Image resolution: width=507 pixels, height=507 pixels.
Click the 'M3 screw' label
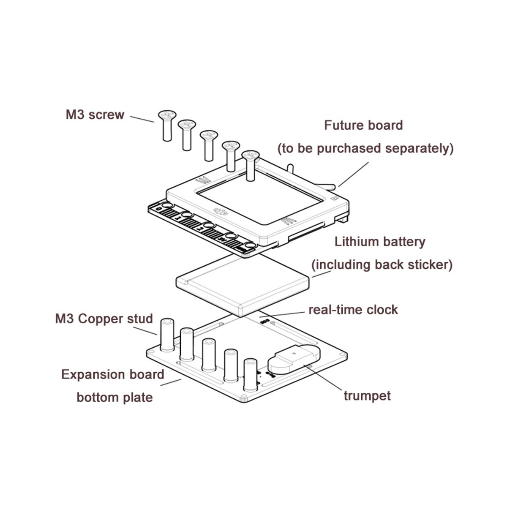(x=95, y=114)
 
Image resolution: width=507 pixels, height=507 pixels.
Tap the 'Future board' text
(x=363, y=125)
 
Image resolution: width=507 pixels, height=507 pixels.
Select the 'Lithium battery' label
(x=380, y=242)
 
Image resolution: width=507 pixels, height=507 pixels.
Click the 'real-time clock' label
(x=353, y=310)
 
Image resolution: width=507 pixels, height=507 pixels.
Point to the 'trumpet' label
(x=367, y=396)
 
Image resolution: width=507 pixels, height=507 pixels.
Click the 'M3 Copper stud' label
(x=104, y=318)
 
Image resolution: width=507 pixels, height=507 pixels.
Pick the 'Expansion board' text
(x=113, y=375)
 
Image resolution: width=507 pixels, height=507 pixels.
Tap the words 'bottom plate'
(x=114, y=398)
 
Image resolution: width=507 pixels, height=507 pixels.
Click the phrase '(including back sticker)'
(x=382, y=265)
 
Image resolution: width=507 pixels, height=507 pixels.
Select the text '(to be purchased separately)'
(x=365, y=149)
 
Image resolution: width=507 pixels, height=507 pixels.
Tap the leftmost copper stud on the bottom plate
(x=166, y=334)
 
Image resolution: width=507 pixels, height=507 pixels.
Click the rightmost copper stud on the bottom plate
(x=250, y=374)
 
